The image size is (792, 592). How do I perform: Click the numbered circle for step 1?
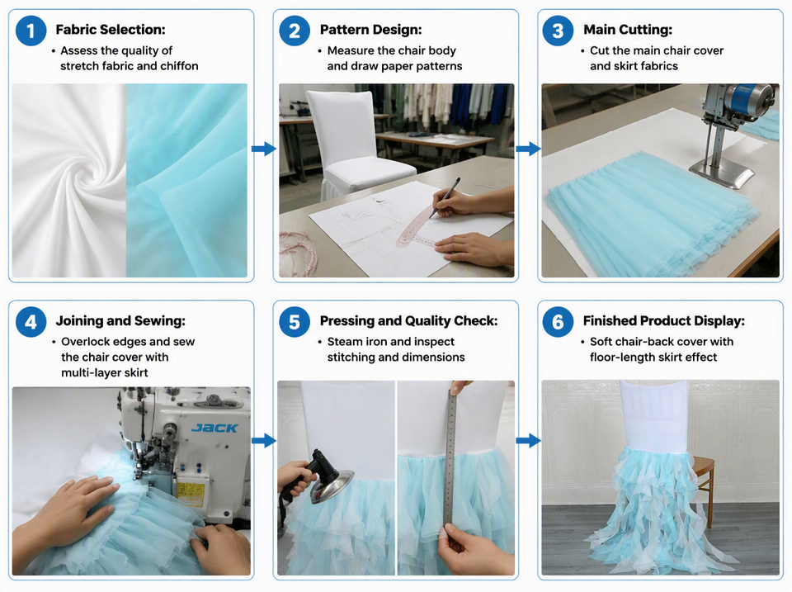point(31,31)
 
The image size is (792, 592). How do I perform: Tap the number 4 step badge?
point(31,322)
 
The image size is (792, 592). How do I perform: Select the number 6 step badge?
point(558,322)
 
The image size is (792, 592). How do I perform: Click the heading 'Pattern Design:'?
point(370,30)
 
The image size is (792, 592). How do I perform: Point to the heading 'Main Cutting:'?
point(628,30)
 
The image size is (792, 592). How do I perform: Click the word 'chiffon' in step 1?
point(179,66)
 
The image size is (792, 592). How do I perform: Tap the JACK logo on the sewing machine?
point(214,429)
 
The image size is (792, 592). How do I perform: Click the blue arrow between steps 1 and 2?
point(264,149)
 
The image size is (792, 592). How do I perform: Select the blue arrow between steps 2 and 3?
point(528,149)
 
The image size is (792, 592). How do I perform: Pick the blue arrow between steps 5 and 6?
point(528,440)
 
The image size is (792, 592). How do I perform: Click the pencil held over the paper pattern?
point(445,197)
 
